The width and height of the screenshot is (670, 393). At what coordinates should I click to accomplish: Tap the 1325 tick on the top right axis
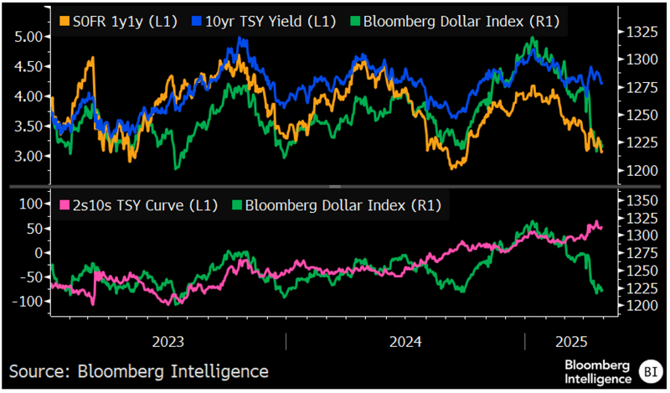click(x=635, y=32)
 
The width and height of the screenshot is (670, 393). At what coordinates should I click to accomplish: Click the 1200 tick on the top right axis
click(x=635, y=170)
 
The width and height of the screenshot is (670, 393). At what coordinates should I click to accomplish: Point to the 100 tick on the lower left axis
click(x=30, y=204)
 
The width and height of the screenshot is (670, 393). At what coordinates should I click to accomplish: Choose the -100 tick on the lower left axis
click(x=27, y=301)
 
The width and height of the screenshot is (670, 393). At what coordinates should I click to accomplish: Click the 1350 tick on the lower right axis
click(x=635, y=199)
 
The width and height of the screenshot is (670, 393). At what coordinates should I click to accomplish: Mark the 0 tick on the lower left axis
click(x=37, y=252)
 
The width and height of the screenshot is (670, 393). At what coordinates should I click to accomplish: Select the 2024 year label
click(x=405, y=343)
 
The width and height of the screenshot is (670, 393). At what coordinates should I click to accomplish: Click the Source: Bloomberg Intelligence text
click(x=139, y=370)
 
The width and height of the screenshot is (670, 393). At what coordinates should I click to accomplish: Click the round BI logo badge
click(x=649, y=370)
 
